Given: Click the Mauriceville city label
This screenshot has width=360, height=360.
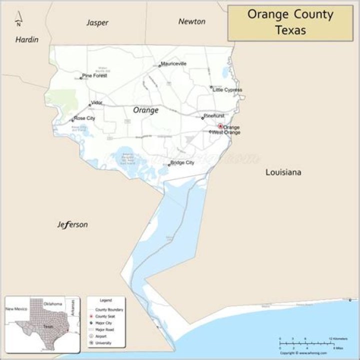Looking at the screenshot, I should [173, 64].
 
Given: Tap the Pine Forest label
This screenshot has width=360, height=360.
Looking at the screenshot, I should [94, 75].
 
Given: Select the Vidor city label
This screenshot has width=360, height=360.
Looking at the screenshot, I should [96, 102].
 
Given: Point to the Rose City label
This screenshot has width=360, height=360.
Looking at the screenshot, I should [84, 118].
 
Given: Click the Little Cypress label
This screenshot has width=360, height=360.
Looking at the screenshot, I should [227, 90].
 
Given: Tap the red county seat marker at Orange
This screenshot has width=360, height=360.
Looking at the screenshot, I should [220, 126].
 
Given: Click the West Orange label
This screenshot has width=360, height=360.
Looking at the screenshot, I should [226, 132].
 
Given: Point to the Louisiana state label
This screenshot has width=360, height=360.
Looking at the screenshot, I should [283, 172].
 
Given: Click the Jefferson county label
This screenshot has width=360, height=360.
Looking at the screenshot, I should [72, 224].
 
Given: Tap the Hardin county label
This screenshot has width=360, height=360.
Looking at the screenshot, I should [26, 39].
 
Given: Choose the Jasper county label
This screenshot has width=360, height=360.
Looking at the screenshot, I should [97, 22].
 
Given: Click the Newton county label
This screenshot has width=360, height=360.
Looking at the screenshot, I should [192, 21].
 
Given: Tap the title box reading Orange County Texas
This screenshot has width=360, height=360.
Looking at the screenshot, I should [290, 22].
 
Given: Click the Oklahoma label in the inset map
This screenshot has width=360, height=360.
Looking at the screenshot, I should [52, 304].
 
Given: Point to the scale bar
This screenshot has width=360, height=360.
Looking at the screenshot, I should [306, 343].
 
